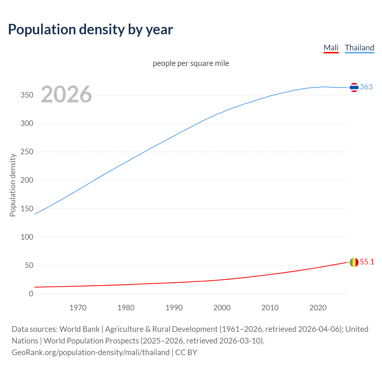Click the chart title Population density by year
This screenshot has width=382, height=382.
tap(90, 29)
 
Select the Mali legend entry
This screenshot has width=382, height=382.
tap(331, 48)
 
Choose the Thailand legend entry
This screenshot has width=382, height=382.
tap(359, 48)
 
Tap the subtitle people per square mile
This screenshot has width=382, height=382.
tap(191, 63)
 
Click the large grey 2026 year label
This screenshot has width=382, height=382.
tap(66, 94)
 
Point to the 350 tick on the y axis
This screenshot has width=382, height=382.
tap(27, 95)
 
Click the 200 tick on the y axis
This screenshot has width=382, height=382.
tap(27, 180)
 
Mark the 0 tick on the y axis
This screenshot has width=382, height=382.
tap(31, 294)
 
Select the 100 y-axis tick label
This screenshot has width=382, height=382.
tap(27, 237)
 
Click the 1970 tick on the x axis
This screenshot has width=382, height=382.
tap(78, 308)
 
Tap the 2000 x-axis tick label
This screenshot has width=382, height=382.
tap(222, 308)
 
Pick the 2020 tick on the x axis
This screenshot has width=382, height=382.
tap(318, 308)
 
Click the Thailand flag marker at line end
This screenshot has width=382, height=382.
tap(354, 87)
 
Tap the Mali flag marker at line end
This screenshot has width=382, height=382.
tap(354, 262)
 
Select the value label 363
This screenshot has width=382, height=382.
tap(366, 87)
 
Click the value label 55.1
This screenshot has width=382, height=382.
tap(367, 262)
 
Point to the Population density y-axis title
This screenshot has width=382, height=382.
tap(13, 185)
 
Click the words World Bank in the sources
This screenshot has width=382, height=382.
tap(79, 329)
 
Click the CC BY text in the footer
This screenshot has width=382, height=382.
tap(186, 352)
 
